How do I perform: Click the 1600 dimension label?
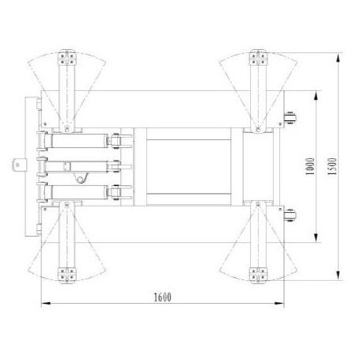click(x=162, y=297)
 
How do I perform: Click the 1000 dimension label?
click(x=310, y=166)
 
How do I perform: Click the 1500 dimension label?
click(x=332, y=166)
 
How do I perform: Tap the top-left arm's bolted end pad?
click(x=67, y=59)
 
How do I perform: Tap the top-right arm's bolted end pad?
click(x=258, y=59)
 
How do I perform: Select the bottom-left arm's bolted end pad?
click(x=67, y=275)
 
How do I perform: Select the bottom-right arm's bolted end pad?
click(x=258, y=275)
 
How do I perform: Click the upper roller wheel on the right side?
click(x=290, y=118)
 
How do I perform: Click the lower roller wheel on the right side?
click(x=290, y=215)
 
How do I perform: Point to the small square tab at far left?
click(x=20, y=165)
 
